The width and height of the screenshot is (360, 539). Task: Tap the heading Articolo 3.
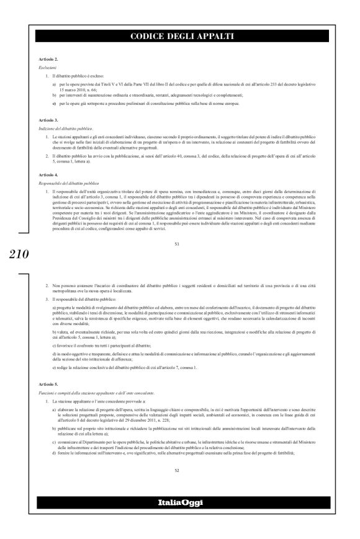pos(48,118)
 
